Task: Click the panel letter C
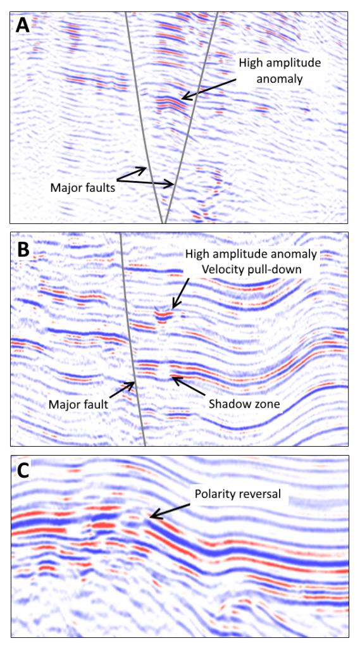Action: tap(23, 471)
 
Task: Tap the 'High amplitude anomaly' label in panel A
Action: tap(280, 71)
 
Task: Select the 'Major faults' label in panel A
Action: tap(82, 187)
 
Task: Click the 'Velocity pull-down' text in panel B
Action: tap(251, 269)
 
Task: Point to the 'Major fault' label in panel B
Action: tap(78, 403)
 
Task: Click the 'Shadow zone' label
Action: tap(244, 403)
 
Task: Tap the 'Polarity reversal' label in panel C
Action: tap(239, 494)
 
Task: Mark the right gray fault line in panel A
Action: tap(190, 118)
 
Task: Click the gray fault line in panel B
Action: tap(132, 339)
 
